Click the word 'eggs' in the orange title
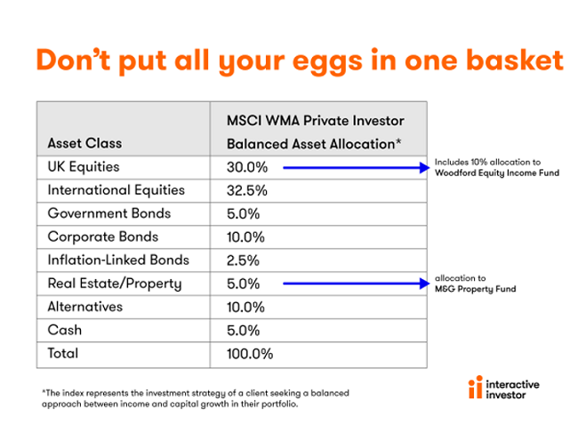tap(328, 62)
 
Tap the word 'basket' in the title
tap(515, 60)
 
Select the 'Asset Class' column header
tap(84, 143)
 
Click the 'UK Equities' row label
tap(84, 167)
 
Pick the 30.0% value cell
tap(247, 167)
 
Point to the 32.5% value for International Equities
tap(247, 190)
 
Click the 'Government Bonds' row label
tap(109, 213)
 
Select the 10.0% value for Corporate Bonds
tap(245, 237)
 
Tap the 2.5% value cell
tap(243, 261)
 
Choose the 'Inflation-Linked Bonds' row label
tap(118, 260)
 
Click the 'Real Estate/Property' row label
tap(115, 284)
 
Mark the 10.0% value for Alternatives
tap(245, 307)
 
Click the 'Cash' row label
tap(65, 330)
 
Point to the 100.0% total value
tap(250, 354)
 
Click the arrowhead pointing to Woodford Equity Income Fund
tap(425, 168)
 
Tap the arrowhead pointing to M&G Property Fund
tap(425, 284)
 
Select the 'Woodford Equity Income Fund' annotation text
tap(497, 172)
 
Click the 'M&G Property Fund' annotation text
tap(475, 289)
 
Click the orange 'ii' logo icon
tap(476, 387)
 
